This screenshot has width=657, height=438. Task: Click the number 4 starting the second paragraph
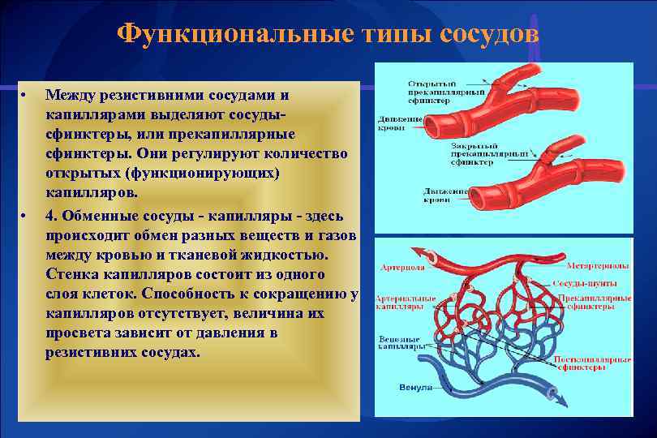click(50, 216)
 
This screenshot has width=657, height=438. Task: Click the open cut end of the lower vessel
click(479, 197)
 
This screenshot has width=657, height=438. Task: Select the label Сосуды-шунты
click(585, 284)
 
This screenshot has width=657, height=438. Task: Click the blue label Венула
click(415, 388)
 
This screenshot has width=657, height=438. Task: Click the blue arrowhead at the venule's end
click(555, 396)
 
